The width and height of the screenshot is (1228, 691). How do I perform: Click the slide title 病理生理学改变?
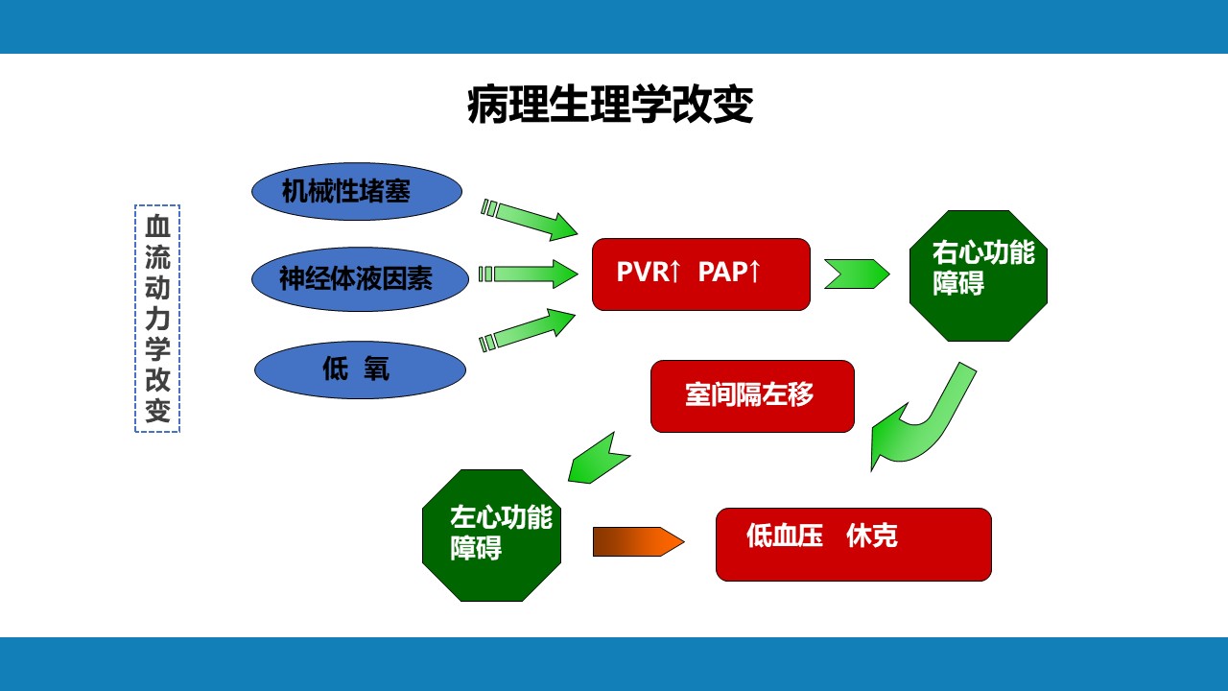(610, 106)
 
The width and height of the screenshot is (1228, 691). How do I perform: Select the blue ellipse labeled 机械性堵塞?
(357, 191)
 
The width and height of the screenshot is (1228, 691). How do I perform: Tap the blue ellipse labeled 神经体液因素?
(360, 278)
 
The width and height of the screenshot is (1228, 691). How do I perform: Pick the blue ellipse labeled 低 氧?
(360, 369)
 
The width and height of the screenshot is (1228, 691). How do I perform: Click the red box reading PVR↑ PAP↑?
(700, 274)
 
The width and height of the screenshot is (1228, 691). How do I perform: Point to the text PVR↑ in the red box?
(648, 273)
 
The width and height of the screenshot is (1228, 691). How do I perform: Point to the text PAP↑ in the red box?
(729, 273)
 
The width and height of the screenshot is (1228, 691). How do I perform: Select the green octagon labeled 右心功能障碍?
(978, 275)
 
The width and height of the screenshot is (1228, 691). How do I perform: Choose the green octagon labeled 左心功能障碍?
(491, 535)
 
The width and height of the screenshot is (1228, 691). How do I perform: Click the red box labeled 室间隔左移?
(752, 395)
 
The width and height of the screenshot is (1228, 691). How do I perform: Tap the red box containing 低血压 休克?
(853, 544)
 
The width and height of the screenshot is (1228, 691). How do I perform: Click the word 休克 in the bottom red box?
(872, 536)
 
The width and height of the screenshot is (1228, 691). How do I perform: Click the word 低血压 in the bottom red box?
(785, 536)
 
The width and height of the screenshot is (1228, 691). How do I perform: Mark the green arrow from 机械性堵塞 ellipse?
(531, 220)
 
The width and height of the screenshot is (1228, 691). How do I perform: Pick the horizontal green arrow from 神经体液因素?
(529, 274)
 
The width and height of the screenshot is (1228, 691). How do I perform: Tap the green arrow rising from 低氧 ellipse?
(529, 328)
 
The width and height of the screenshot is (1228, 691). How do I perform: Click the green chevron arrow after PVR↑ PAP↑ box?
(856, 274)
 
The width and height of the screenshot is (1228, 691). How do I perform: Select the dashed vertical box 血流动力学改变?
(157, 319)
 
